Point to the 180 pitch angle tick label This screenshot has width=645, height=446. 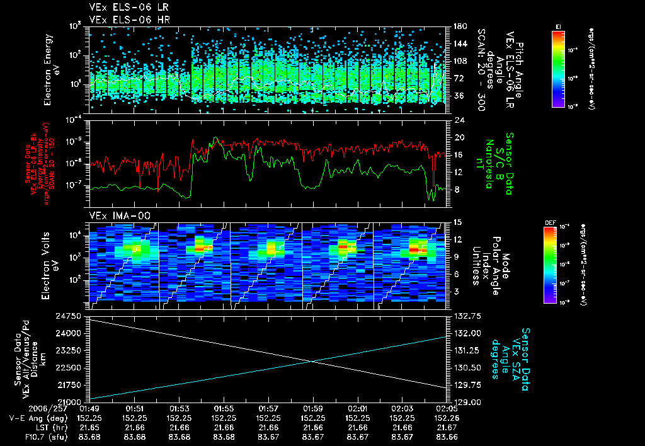[459, 27]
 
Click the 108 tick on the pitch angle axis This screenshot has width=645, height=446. [459, 62]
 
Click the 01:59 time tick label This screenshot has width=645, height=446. [313, 408]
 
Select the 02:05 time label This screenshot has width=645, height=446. [447, 408]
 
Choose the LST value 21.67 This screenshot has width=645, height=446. [447, 427]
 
